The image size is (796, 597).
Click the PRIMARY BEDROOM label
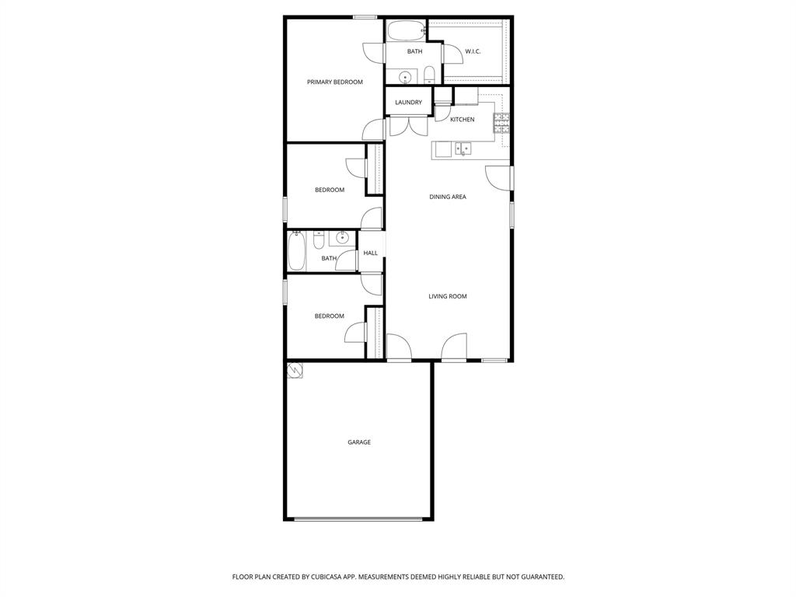(x=334, y=82)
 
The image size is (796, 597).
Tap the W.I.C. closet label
(x=473, y=52)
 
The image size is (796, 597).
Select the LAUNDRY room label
(x=408, y=103)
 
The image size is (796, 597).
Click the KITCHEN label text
(x=462, y=120)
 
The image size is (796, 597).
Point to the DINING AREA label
(x=448, y=197)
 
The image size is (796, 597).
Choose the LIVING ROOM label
(x=448, y=296)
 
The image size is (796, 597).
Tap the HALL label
(x=371, y=253)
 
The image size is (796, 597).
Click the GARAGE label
(x=359, y=442)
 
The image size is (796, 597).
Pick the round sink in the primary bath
(x=405, y=77)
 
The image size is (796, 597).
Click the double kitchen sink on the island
(x=463, y=148)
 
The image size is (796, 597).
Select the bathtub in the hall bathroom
(x=297, y=250)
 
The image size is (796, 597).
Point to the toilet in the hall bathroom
(x=319, y=240)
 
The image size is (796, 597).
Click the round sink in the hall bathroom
(x=342, y=239)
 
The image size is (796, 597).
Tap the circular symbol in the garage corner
(x=295, y=371)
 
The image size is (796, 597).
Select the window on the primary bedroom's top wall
(x=365, y=17)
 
